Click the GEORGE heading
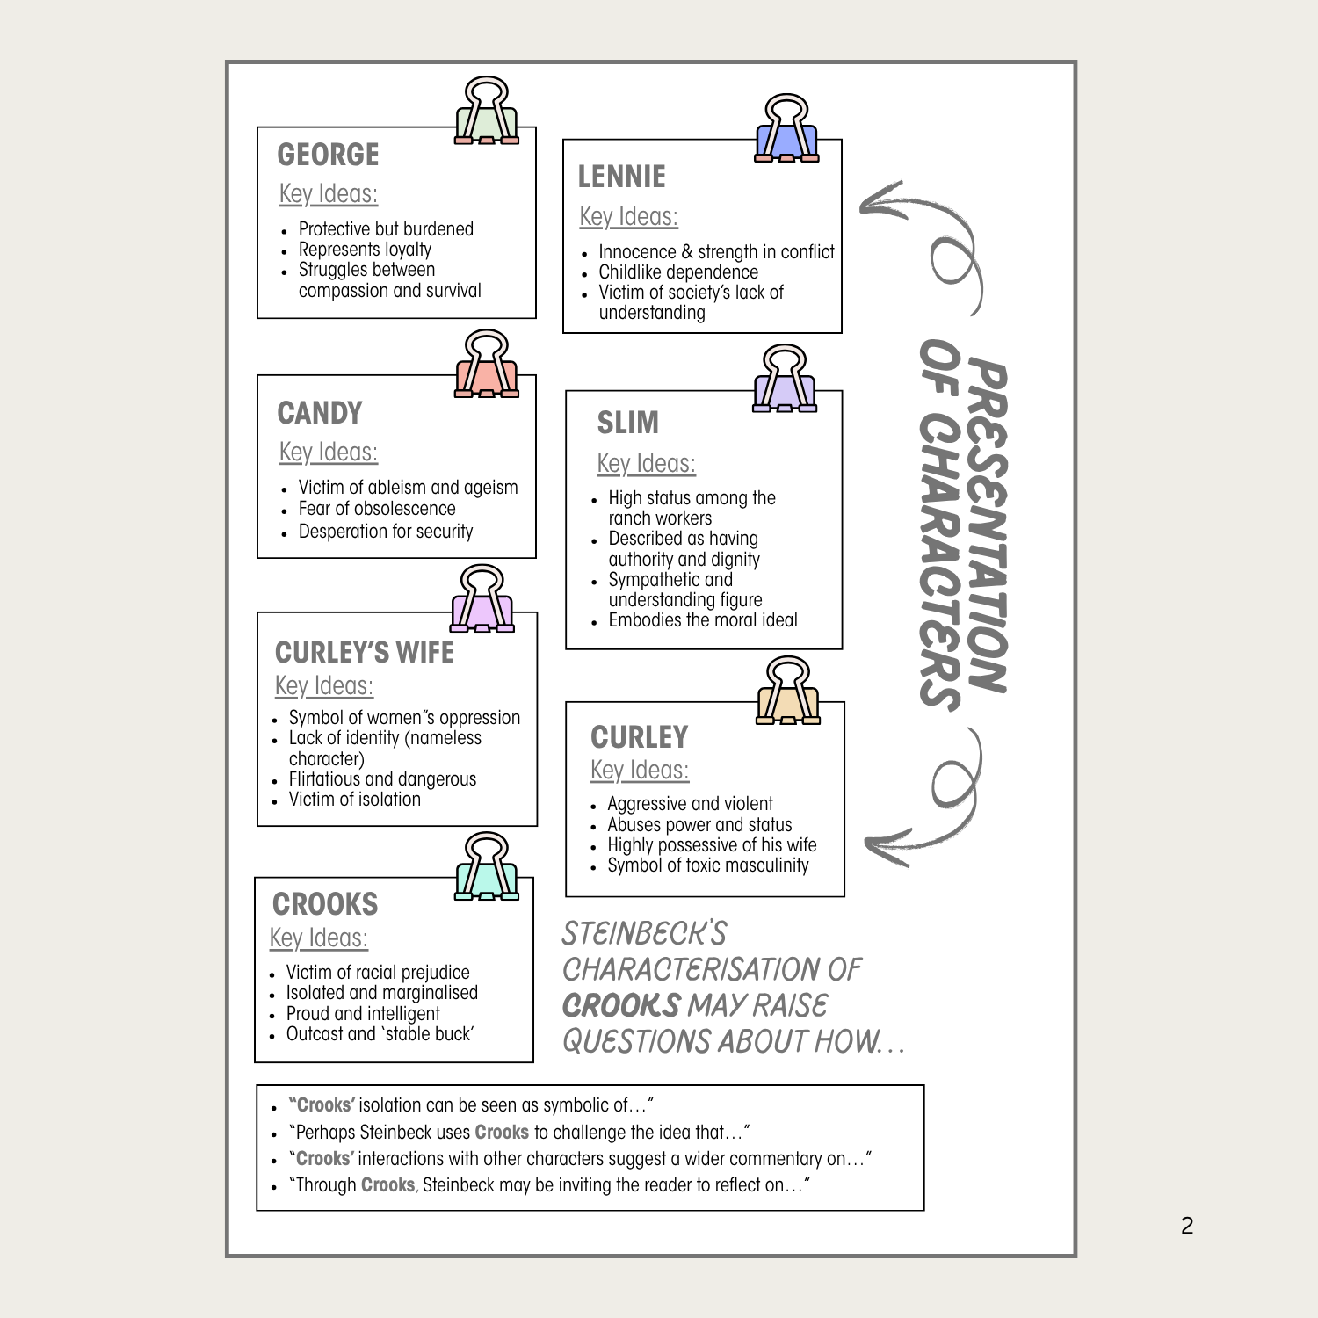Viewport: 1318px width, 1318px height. pos(328,155)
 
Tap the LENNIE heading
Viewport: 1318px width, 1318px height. pos(621,177)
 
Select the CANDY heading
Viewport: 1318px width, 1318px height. pos(320,413)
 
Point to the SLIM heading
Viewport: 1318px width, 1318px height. pos(627,423)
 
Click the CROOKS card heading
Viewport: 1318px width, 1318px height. pos(325,904)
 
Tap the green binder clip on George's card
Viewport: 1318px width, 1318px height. pos(487,112)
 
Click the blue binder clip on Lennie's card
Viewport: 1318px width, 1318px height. pos(786,129)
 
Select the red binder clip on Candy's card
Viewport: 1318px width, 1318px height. pos(487,365)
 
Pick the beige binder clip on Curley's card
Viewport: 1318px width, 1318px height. pos(788,692)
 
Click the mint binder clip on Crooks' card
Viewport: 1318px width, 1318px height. pos(487,867)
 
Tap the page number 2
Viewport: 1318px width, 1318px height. pos(1187,1226)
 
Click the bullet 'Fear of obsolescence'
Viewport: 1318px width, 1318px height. pos(377,509)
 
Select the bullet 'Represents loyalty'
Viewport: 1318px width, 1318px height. pos(365,250)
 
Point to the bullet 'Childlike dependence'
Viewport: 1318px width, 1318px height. pos(678,272)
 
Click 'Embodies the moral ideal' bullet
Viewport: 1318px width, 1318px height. pos(703,620)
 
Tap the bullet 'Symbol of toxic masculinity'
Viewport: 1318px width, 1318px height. pos(708,865)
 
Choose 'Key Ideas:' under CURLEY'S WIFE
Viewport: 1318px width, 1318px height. pos(323,686)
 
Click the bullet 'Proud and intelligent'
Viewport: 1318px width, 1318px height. pos(363,1014)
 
